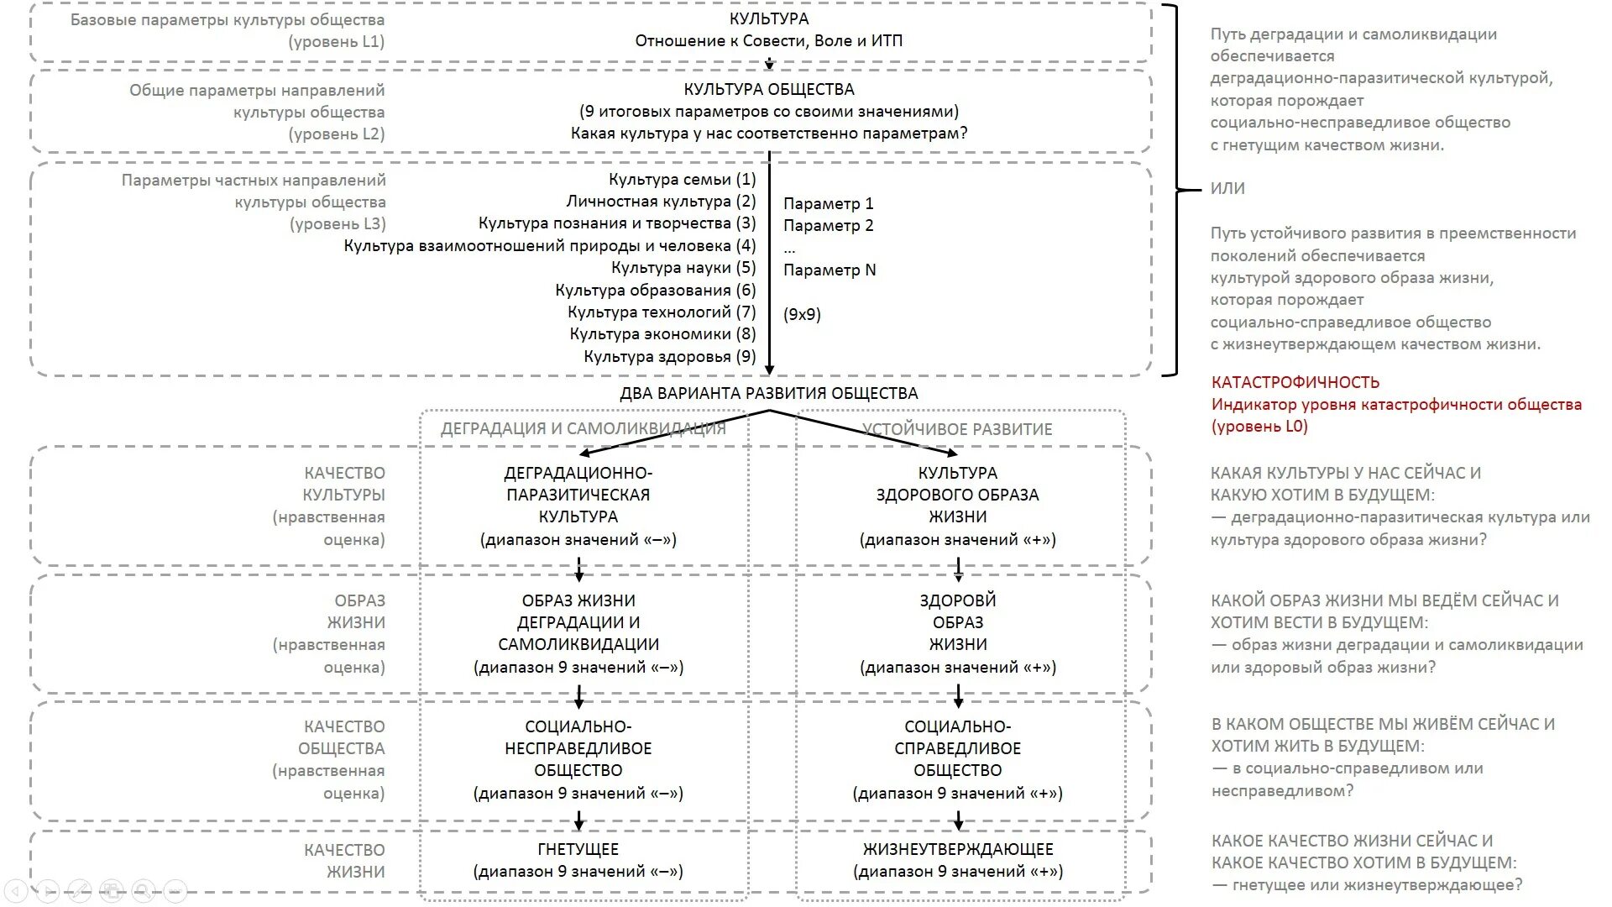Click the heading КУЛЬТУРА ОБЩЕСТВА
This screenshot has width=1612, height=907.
768,89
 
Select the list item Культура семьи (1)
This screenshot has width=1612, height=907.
682,179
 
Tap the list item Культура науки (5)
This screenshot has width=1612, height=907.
683,268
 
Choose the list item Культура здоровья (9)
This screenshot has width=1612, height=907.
670,356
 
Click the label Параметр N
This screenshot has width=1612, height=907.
830,270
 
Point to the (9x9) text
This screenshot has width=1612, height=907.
802,314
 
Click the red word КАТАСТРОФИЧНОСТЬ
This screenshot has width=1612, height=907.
1295,382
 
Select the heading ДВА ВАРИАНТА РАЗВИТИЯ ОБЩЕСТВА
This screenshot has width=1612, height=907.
768,393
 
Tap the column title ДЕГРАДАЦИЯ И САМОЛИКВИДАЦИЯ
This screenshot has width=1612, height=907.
583,429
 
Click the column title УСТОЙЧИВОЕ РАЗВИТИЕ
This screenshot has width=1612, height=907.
957,429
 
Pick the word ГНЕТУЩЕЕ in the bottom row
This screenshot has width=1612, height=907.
578,849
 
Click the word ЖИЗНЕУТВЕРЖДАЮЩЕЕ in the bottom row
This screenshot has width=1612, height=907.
957,849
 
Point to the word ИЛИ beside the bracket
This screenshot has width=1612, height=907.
1227,188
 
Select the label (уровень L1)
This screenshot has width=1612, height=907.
336,41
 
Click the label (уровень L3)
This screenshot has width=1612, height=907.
338,223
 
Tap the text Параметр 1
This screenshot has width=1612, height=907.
828,203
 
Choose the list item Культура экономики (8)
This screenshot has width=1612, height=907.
662,334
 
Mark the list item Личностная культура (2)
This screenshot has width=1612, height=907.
661,202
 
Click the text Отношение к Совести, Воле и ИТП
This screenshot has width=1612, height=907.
768,40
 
